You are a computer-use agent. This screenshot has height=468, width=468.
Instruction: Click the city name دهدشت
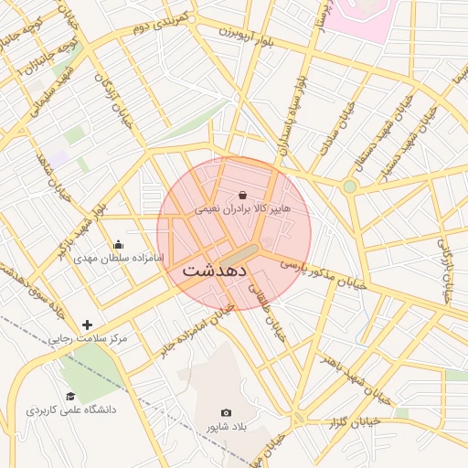point(215,271)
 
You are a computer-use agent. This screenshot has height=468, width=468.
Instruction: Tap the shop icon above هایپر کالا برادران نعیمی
point(242,195)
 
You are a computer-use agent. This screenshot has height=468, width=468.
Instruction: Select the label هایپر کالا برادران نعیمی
point(242,209)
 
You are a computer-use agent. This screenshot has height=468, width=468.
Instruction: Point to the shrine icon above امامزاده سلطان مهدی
point(118,244)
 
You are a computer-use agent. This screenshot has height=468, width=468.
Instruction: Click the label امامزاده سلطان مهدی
point(118,258)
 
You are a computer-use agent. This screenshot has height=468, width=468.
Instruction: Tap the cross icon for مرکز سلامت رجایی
point(87,324)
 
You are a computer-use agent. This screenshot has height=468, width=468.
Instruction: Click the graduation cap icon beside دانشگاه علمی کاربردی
point(70,396)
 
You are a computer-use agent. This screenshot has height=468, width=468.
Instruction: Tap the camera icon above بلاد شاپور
point(227,413)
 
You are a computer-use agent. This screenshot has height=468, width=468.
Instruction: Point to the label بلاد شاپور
point(227,427)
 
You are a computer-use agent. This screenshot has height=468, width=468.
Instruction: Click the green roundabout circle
point(349,186)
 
